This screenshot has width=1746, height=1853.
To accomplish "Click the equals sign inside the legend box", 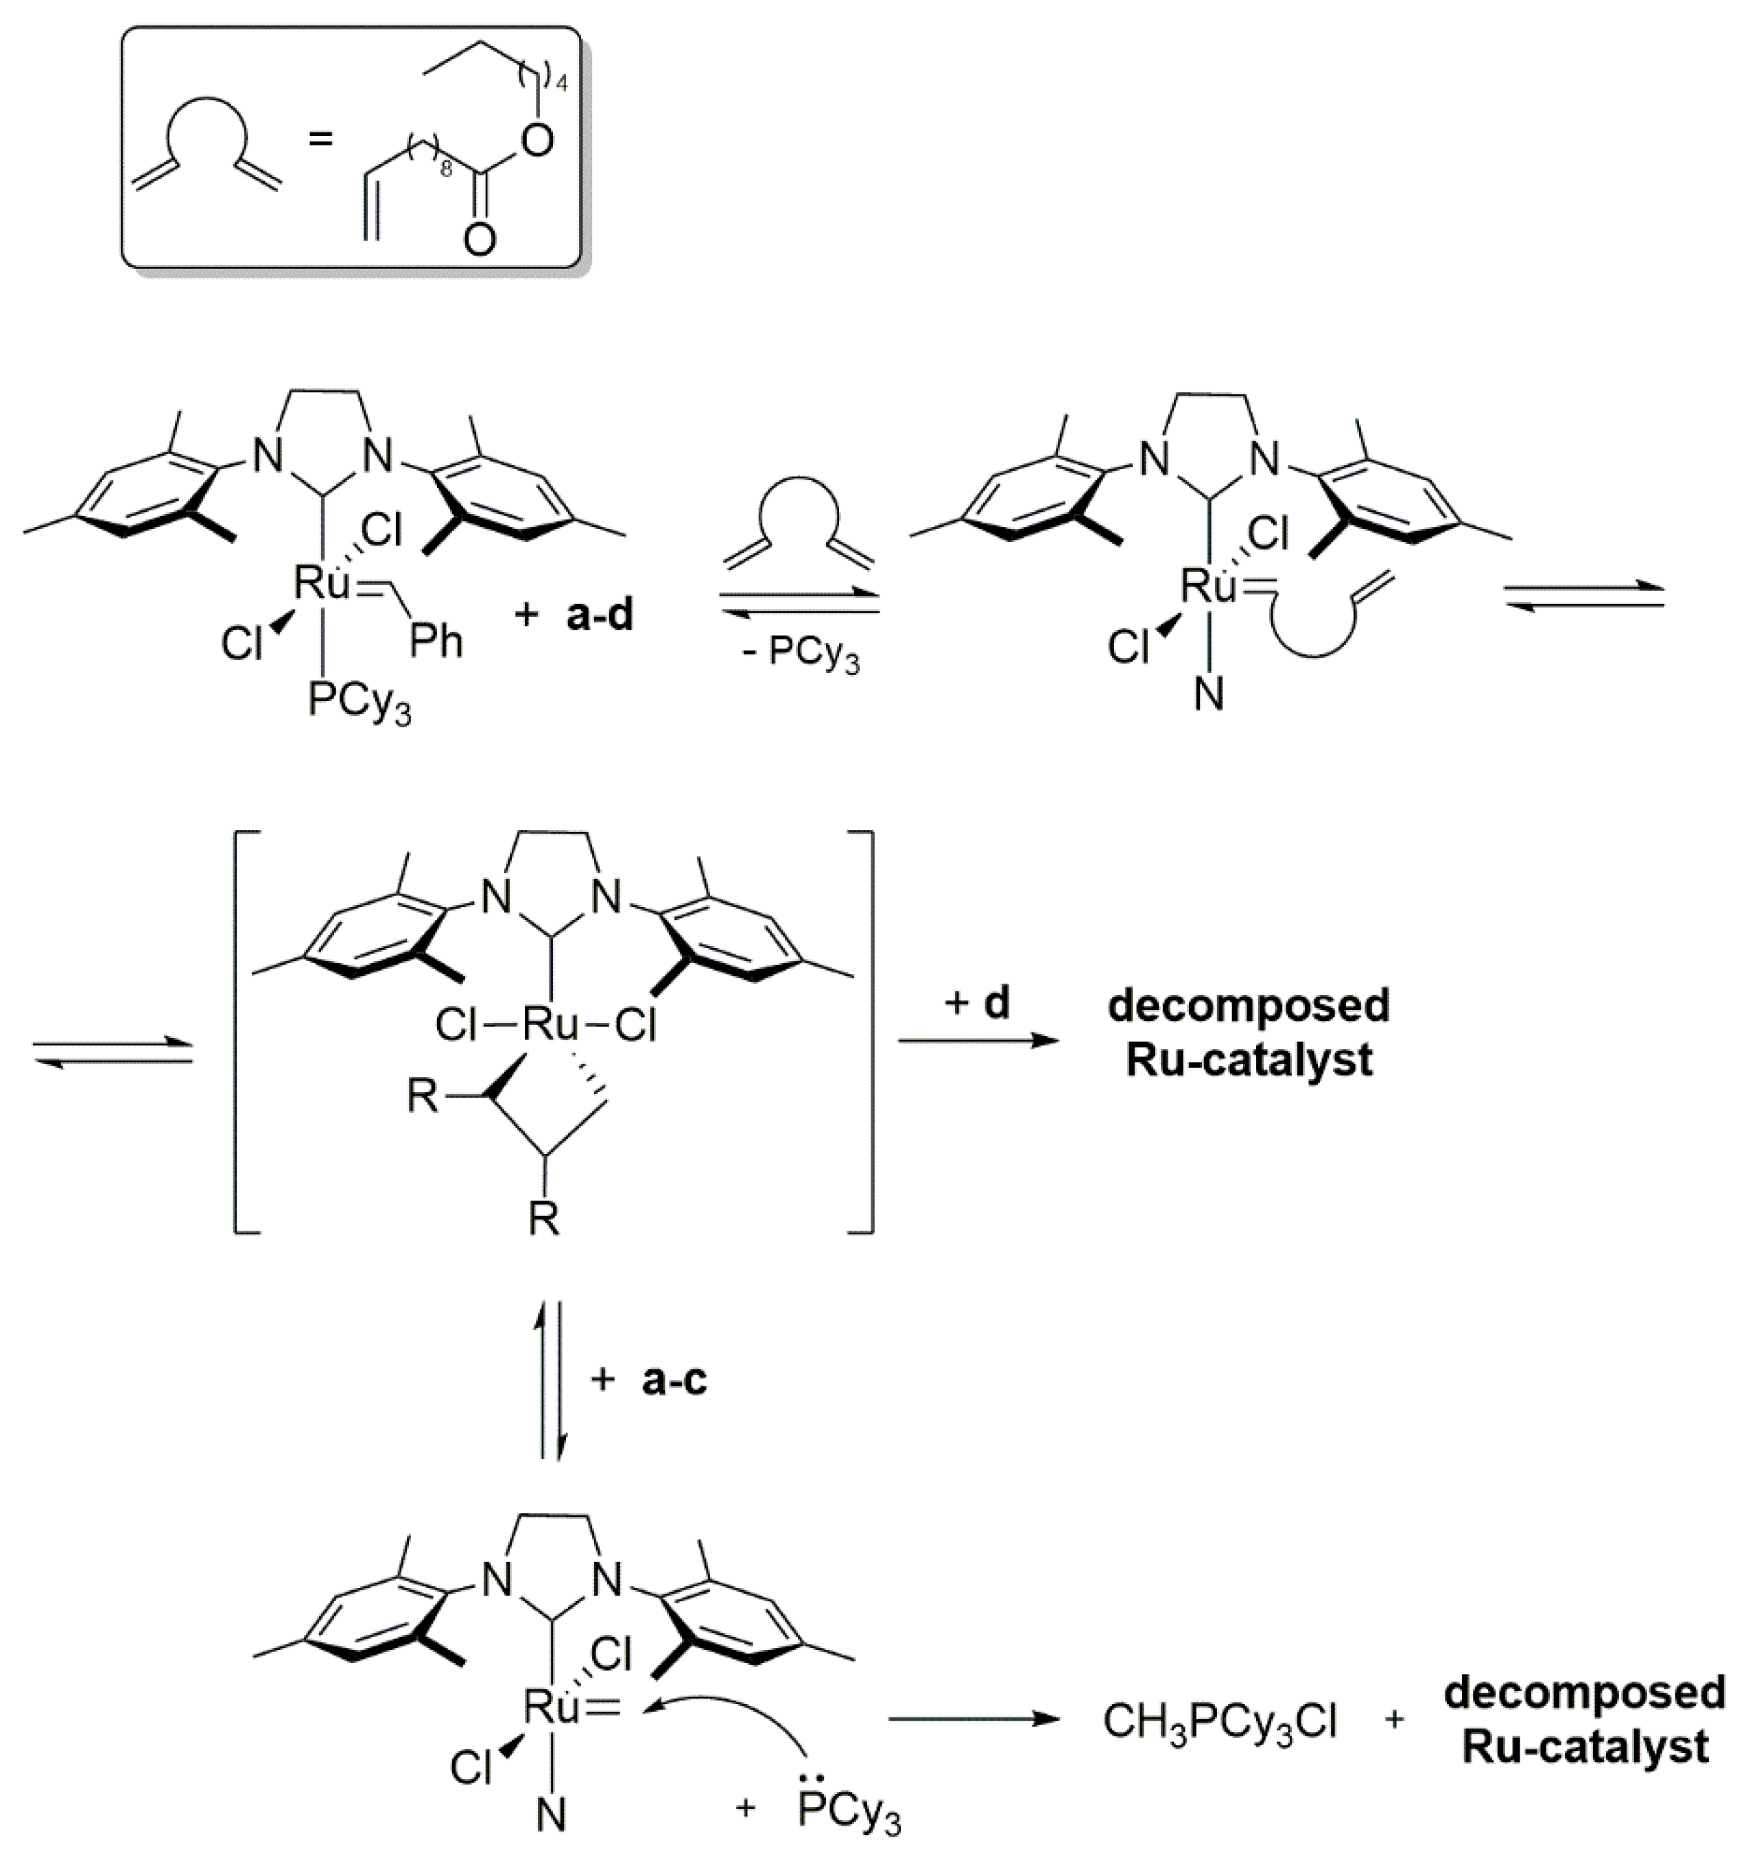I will point(320,141).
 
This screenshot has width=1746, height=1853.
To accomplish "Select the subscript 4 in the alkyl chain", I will point(561,85).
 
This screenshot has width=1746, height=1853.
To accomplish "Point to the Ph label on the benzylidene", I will point(436,642).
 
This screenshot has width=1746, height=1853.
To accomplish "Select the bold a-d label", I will point(600,616).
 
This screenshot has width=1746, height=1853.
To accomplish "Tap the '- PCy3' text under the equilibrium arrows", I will point(801,654).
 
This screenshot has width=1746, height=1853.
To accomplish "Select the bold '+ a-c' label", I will point(650,1380).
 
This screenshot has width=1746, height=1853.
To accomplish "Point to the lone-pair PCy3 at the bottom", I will point(848,1812).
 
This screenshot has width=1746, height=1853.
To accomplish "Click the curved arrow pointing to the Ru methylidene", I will point(746,1715).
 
